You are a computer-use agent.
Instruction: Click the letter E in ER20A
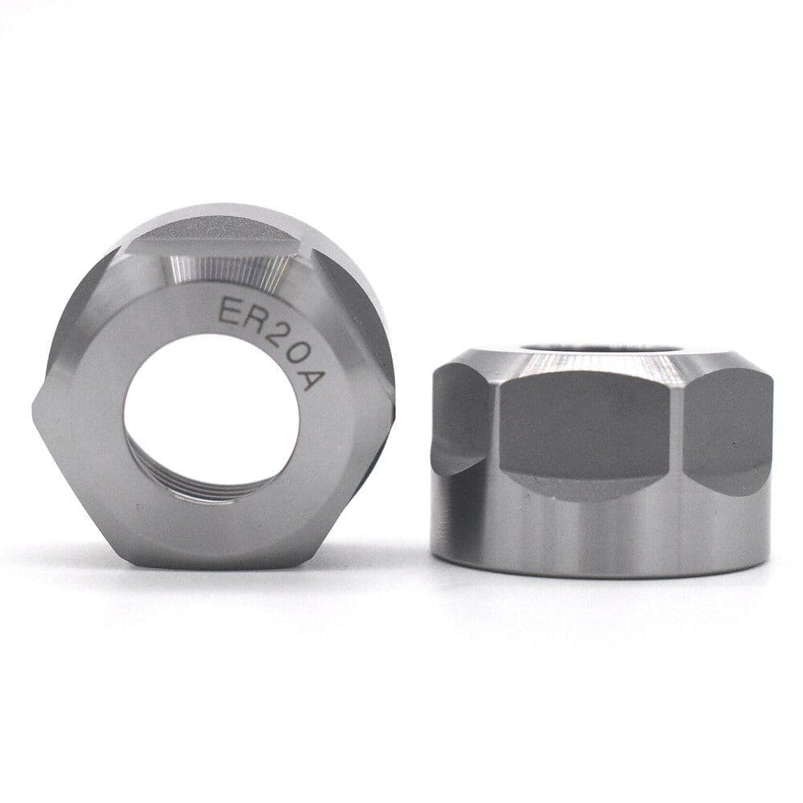click(230, 310)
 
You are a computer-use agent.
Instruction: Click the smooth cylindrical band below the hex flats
click(598, 534)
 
